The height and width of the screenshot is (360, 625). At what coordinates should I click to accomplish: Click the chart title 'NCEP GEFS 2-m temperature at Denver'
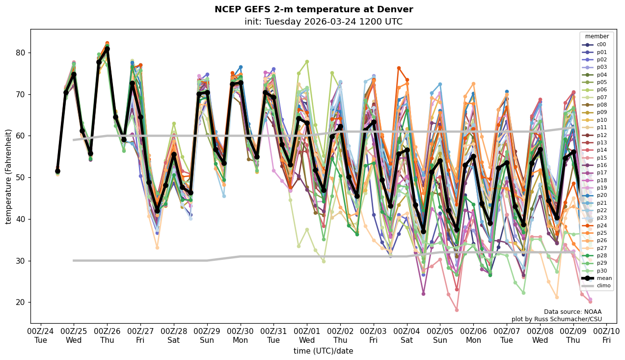tap(314, 10)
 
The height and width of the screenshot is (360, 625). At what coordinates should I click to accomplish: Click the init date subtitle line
tap(323, 22)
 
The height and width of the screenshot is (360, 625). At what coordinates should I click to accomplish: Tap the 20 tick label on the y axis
tap(20, 302)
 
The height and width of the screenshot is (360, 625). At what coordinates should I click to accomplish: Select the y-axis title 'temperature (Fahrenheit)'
tap(9, 176)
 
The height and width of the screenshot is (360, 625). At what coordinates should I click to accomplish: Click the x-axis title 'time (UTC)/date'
tap(323, 351)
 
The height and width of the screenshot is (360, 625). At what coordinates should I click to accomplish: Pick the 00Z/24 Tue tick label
tap(41, 336)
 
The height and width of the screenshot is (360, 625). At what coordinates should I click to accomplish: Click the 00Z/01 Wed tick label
tap(307, 336)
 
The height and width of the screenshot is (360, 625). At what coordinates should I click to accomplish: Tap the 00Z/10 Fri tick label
tap(607, 336)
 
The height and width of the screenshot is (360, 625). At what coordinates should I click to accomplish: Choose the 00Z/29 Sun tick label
tap(207, 336)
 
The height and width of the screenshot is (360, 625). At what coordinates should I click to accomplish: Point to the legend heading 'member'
tap(597, 36)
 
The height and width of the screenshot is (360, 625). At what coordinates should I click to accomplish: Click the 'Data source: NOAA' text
tap(572, 312)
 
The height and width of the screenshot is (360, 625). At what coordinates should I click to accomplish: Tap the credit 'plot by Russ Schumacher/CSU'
tap(556, 319)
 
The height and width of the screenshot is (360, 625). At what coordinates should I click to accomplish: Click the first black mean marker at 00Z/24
tap(57, 171)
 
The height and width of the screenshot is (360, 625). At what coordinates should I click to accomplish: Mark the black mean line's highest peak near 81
tap(107, 49)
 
